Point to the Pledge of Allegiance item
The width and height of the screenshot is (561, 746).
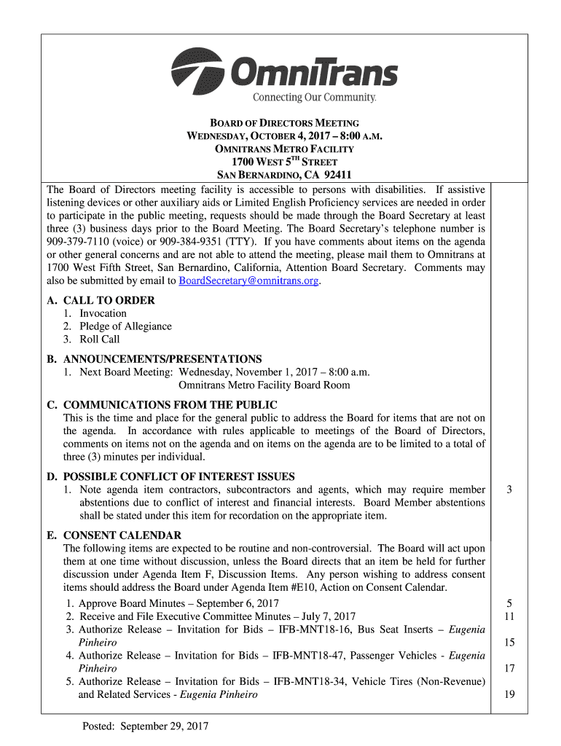(x=125, y=326)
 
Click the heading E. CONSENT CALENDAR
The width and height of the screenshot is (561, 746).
(x=114, y=535)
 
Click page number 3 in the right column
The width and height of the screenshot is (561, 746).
(x=510, y=490)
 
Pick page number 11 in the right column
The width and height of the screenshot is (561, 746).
(x=510, y=616)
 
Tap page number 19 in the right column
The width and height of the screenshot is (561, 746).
(x=510, y=695)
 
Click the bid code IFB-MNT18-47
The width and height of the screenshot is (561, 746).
(x=311, y=656)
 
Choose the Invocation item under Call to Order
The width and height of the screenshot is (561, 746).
(x=103, y=313)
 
